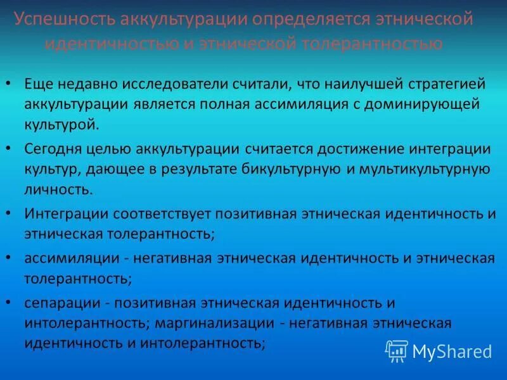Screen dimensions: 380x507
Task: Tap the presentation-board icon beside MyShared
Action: pyautogui.click(x=397, y=350)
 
